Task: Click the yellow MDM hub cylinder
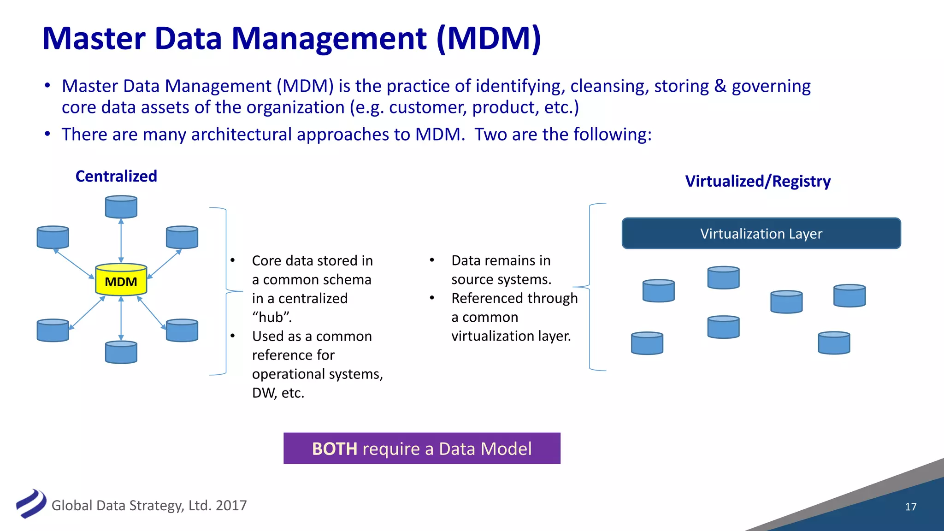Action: point(121,280)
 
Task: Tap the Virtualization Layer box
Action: point(761,234)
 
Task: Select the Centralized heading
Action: point(116,176)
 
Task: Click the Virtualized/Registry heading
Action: point(758,181)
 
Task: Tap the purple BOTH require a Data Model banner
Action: point(422,448)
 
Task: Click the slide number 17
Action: point(910,507)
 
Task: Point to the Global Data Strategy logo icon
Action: point(31,504)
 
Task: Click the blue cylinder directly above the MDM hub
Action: point(121,207)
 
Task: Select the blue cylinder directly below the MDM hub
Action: point(121,353)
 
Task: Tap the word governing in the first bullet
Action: point(771,86)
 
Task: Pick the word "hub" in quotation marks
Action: point(272,318)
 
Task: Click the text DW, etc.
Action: point(278,393)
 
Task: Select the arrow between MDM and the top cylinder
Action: point(121,241)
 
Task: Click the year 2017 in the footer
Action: point(231,506)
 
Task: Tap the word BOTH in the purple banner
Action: point(335,449)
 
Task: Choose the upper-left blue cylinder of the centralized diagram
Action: point(53,237)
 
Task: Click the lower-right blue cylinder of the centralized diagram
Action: point(182,330)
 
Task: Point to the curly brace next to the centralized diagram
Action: point(226,291)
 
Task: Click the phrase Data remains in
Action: point(501,261)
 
